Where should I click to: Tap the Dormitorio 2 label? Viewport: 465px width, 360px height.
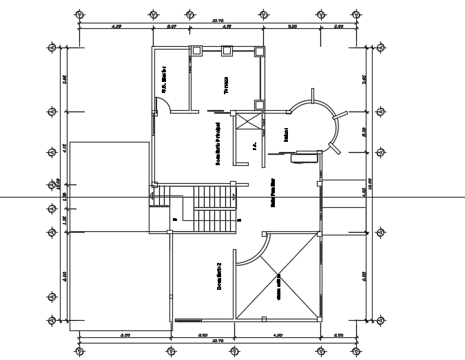pyautogui.click(x=218, y=276)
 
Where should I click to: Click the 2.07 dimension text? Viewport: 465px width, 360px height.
pyautogui.click(x=172, y=26)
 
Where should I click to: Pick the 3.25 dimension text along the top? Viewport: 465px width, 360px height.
pyautogui.click(x=292, y=26)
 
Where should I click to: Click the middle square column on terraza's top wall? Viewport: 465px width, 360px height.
pyautogui.click(x=227, y=50)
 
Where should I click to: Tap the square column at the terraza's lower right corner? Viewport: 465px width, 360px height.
pyautogui.click(x=259, y=105)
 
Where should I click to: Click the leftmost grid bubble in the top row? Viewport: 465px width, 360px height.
pyautogui.click(x=80, y=14)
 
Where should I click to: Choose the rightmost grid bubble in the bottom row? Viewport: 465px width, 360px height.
pyautogui.click(x=357, y=351)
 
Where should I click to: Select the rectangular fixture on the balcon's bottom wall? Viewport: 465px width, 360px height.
pyautogui.click(x=304, y=158)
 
